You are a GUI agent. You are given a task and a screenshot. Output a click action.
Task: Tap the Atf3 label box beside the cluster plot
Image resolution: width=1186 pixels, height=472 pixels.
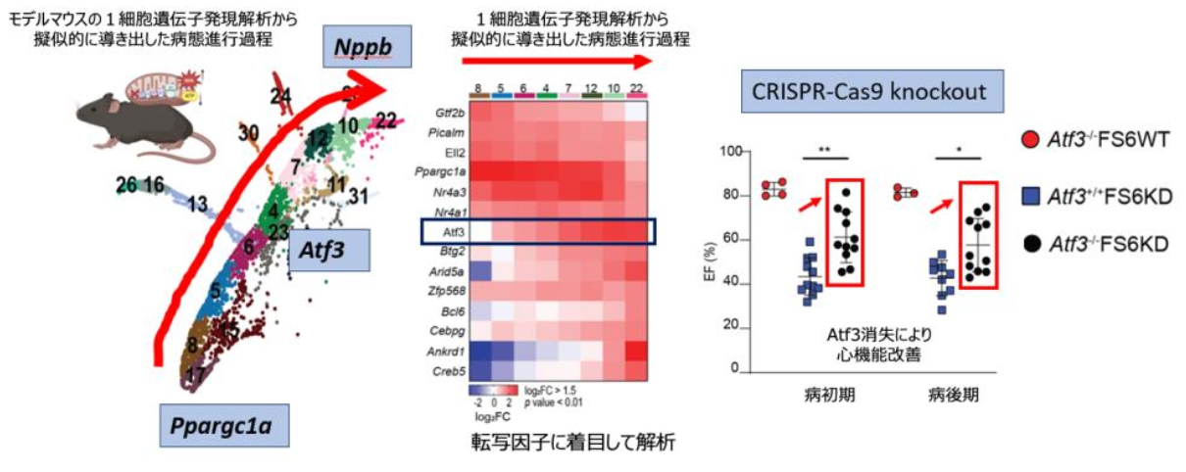coord(330,251)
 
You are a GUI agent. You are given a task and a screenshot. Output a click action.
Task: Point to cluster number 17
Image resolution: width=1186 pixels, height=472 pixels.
coord(195,373)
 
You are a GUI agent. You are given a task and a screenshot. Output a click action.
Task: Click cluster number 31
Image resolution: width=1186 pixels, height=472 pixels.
coord(358,198)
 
